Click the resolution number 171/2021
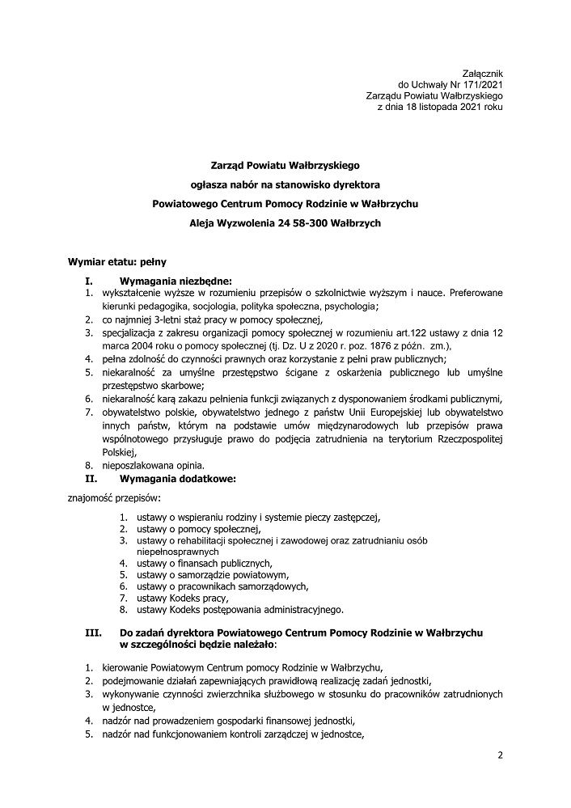pyautogui.click(x=478, y=84)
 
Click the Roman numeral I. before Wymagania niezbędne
pyautogui.click(x=90, y=280)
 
